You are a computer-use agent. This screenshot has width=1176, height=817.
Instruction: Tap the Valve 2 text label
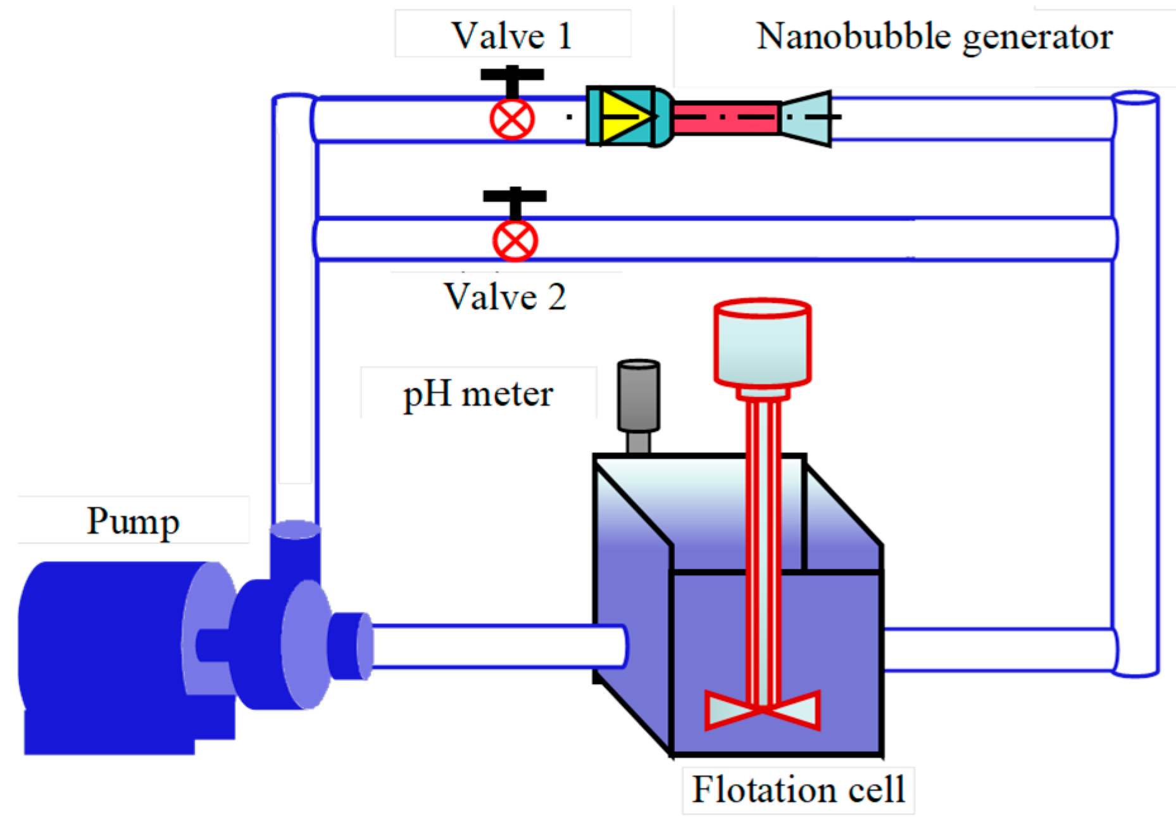[504, 296]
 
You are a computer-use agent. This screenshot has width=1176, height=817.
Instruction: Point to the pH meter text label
[478, 394]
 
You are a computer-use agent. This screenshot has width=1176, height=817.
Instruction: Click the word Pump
[133, 521]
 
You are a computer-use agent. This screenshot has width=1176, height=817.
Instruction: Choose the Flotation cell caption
[798, 789]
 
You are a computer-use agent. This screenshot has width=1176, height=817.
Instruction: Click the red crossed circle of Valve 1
[512, 119]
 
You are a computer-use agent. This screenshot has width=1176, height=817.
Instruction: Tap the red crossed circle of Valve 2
[515, 241]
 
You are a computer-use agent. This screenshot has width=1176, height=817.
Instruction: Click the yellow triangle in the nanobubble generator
[623, 117]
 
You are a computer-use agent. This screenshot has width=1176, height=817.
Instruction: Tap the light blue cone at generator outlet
[807, 118]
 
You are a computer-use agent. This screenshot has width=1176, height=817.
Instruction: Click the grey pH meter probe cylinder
[639, 396]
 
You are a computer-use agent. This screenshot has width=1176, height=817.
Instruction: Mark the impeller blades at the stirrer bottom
[762, 710]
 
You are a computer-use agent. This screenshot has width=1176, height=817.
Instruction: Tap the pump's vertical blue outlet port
[295, 551]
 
